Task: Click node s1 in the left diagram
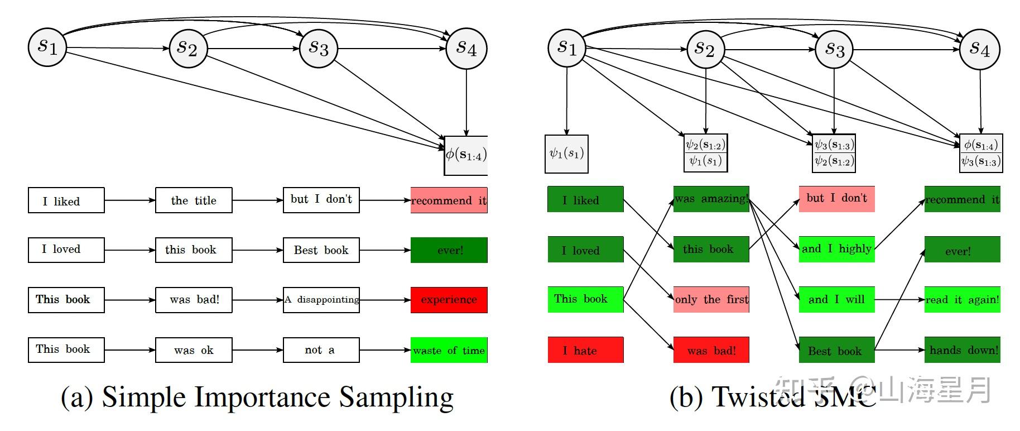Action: click(47, 47)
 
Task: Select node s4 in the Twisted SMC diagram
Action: click(979, 49)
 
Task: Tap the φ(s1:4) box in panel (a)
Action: click(466, 155)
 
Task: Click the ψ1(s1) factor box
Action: click(566, 154)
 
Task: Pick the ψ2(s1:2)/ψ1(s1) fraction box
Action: click(705, 153)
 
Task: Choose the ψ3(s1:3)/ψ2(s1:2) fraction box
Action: click(834, 153)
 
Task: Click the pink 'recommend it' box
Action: click(449, 200)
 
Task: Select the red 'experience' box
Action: click(449, 300)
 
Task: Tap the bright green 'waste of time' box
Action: click(449, 350)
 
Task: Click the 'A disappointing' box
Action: click(321, 300)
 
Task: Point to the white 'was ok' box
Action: click(194, 350)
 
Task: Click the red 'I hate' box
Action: click(585, 350)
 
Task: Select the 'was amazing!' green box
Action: click(711, 199)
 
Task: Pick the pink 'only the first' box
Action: click(711, 299)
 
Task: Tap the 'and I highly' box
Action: click(836, 249)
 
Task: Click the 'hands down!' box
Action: click(963, 350)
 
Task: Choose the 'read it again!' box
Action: click(963, 300)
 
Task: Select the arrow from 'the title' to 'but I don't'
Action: click(257, 200)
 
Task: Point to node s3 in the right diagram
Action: click(834, 49)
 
